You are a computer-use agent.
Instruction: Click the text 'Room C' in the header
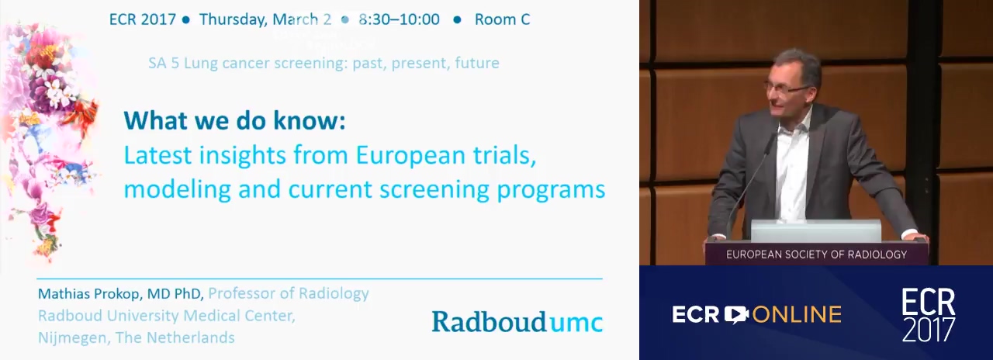coord(502,19)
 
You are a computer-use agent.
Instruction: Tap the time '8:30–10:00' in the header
coord(399,19)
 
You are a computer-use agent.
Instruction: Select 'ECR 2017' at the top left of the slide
coord(143,19)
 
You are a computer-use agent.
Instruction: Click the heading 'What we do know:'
coord(234,120)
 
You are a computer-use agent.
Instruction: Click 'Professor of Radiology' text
coord(289,293)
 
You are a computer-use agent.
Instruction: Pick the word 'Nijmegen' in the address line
coord(73,338)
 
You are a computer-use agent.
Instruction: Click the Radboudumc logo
coord(517,321)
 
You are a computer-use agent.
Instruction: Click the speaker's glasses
coord(788,88)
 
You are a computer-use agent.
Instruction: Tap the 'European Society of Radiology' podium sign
coord(817,254)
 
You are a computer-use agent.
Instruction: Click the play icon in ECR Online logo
coord(736,315)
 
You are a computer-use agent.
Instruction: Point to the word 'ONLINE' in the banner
coord(797,315)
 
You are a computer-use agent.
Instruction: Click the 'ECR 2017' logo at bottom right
coord(929,315)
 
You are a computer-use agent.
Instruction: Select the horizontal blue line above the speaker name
coord(320,279)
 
